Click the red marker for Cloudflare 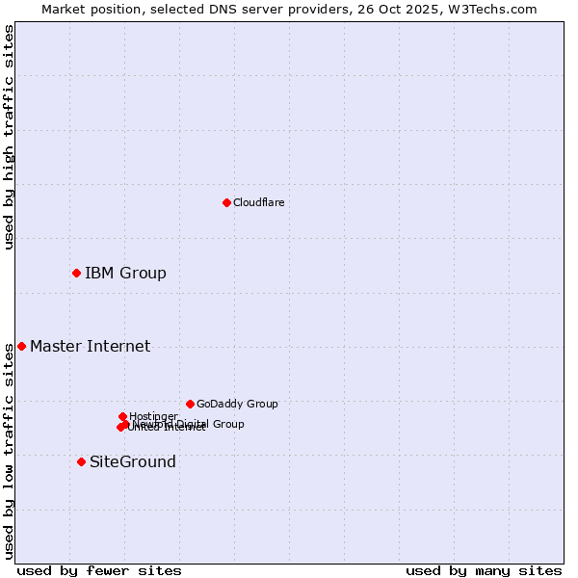coord(226,202)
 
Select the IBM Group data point coord(76,273)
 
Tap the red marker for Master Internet coord(21,346)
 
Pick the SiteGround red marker coord(81,461)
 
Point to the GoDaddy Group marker coord(190,404)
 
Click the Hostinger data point coord(122,416)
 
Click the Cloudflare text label coord(258,202)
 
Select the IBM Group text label coord(125,273)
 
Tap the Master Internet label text coord(90,346)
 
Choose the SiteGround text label coord(132,461)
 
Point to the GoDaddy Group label coord(237,404)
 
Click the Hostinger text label coord(153,416)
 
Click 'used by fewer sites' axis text coord(99,570)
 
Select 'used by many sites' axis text coord(484,570)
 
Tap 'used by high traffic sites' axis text coord(9,137)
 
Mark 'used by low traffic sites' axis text coord(9,453)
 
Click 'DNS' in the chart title coord(209,9)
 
